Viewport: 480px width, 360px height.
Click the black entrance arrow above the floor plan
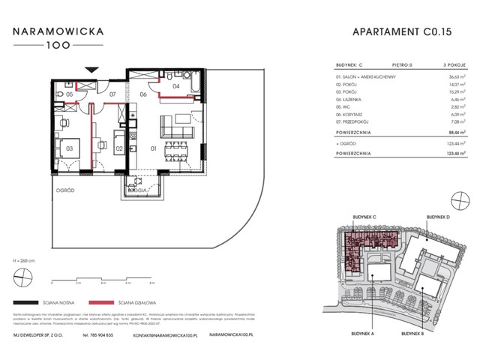click(91, 70)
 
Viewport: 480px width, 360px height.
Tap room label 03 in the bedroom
click(69, 149)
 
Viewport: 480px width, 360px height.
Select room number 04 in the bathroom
click(176, 86)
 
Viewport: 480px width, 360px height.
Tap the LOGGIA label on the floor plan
click(139, 192)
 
